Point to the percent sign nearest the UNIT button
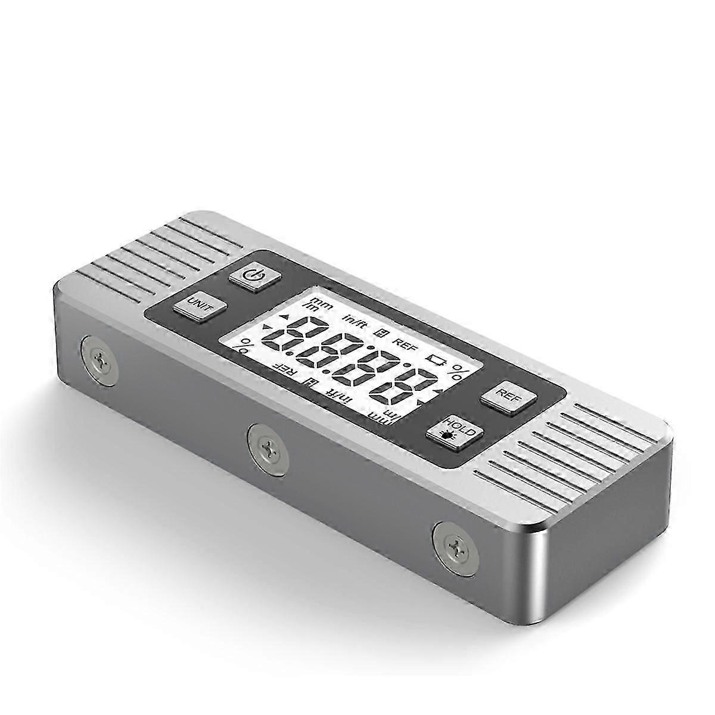[244, 344]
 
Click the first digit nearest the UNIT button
[294, 339]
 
